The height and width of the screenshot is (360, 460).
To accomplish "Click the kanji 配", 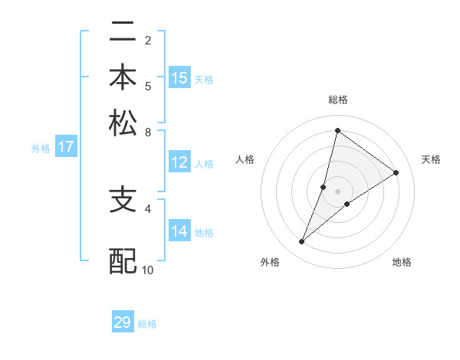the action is (123, 260).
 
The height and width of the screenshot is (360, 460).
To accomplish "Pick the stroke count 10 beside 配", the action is (148, 270).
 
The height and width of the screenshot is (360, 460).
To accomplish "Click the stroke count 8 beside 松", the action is (148, 131).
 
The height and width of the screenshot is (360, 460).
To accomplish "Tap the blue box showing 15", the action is (179, 78).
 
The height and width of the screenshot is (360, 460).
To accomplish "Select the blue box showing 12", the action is (179, 162).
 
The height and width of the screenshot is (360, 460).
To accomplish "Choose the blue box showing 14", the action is (179, 231).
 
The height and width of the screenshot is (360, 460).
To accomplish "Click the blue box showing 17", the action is (65, 148).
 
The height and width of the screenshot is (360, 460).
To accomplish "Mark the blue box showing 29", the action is (123, 322).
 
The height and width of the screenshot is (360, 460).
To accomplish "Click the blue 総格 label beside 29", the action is (147, 324).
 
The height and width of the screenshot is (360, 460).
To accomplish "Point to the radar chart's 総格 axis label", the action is (337, 100).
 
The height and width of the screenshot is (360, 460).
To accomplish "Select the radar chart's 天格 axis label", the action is (431, 159).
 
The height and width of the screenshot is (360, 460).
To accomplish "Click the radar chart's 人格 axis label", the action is (245, 159).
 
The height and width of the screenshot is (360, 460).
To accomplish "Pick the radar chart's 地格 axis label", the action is (402, 263).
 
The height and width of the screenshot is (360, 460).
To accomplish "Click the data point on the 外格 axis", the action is (302, 242).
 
